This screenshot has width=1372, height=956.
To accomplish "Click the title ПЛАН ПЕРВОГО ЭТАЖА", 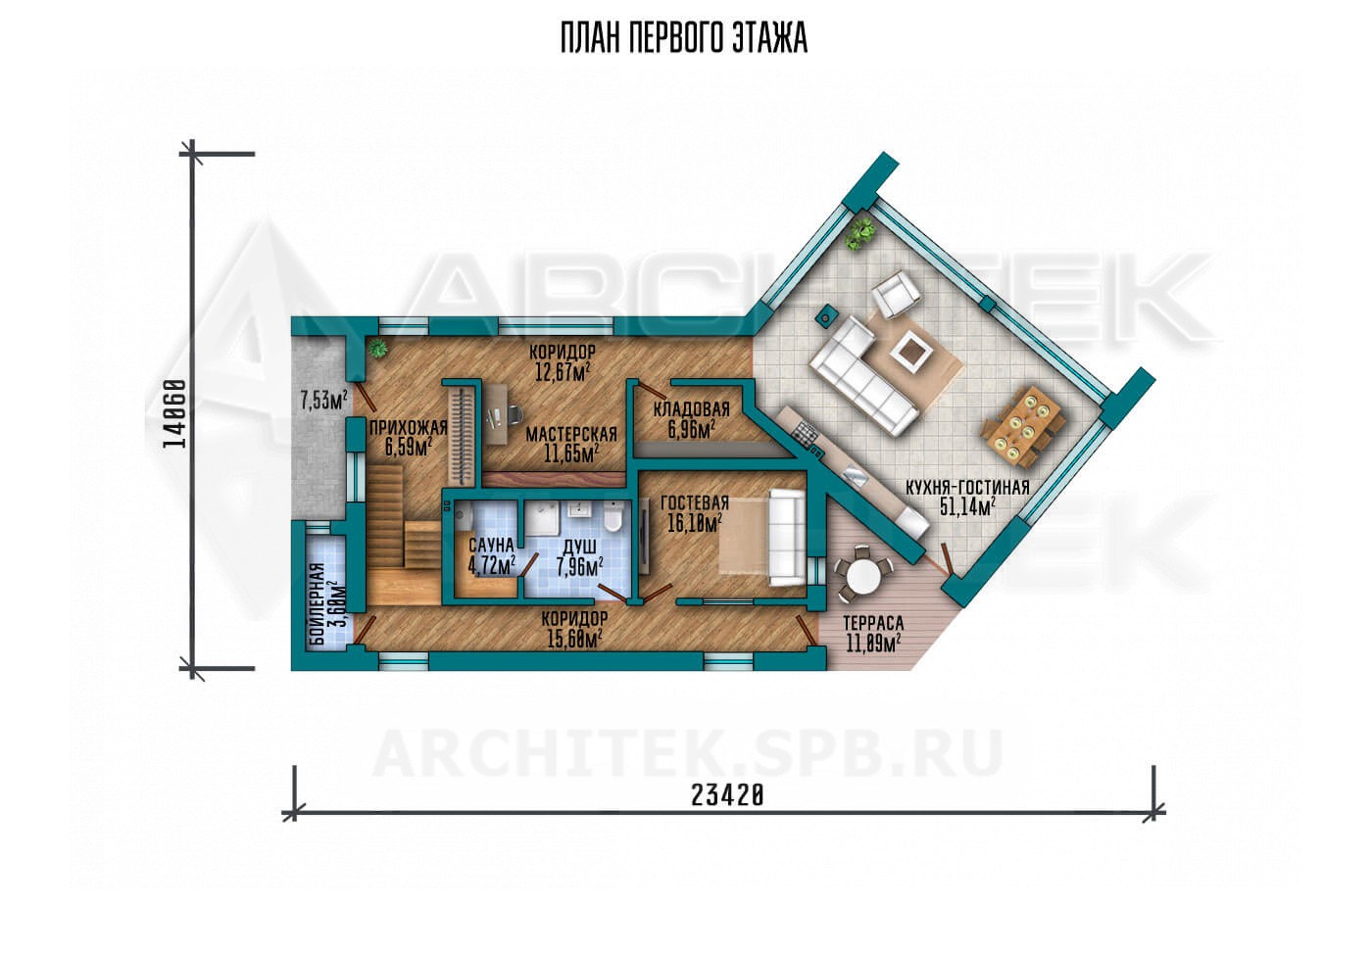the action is pos(684,38).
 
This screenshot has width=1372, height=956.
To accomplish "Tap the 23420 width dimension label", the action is pos(727,795).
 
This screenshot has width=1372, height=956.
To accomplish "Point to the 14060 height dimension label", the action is pos(174,413).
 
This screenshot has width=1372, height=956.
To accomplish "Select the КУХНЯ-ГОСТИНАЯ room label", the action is pos(968,488).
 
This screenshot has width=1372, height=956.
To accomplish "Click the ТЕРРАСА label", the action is pos(873,624).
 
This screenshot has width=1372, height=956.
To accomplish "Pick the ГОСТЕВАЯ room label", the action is pos(695,503).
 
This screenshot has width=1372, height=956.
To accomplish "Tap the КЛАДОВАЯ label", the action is pos(692,409).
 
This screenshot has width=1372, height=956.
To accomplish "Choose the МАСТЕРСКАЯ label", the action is pos(571,435).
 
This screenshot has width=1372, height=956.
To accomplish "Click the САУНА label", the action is pos(491,545).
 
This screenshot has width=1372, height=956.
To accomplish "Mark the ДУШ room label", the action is pos(579,546).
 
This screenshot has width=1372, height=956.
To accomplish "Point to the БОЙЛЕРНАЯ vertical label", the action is pos(318,604).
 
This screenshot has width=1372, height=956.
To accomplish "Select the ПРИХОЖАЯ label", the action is pos(409,427).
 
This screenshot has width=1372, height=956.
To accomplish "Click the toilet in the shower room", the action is pos(612,518).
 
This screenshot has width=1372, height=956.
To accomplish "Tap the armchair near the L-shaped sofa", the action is pos(897,294).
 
